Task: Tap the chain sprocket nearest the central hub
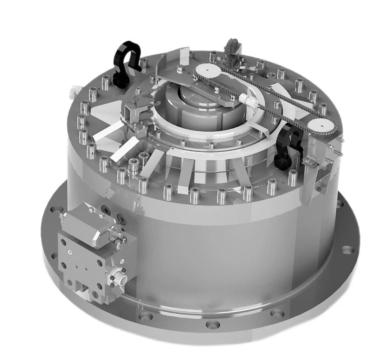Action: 204,70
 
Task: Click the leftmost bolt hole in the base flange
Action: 54,210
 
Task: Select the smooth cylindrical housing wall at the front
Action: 214,253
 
